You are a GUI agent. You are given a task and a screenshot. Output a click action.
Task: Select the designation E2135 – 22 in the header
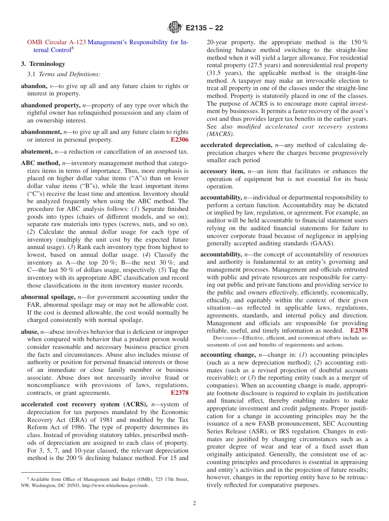pos(204,28)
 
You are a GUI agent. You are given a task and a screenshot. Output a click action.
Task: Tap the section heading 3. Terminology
pos(43,64)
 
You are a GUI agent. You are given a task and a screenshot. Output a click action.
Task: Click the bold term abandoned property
pos(50,105)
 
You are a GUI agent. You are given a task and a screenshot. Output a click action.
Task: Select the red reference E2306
pos(179,140)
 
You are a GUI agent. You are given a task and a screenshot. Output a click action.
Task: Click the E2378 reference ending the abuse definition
pos(179,393)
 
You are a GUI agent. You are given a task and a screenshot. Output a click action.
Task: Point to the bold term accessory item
pos(222,171)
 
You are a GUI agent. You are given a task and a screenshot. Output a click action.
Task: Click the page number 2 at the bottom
pos(194,503)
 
